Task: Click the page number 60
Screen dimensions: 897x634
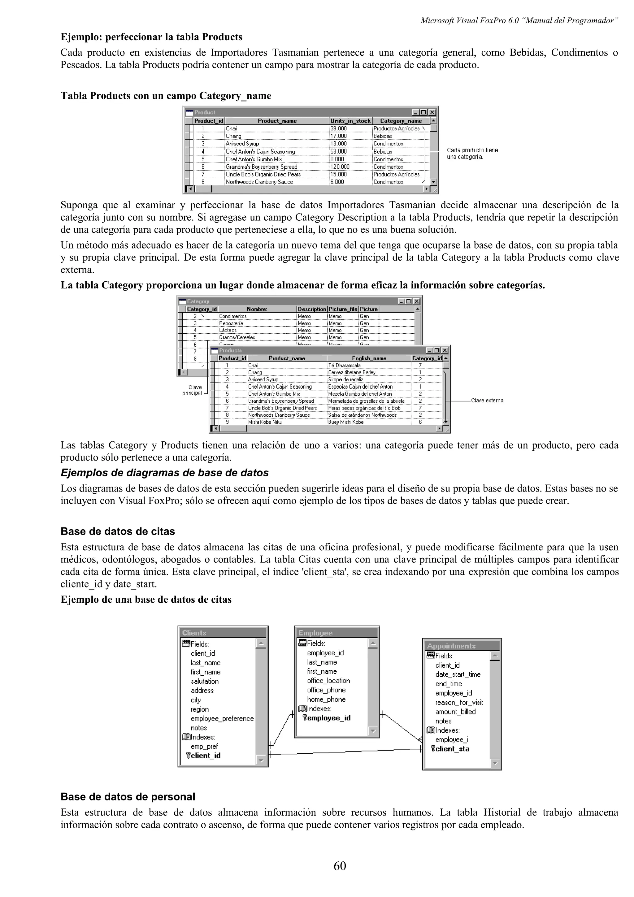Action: coord(340,866)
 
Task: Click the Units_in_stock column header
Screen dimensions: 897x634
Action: coord(350,121)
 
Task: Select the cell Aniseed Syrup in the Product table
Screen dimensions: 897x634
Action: coord(242,144)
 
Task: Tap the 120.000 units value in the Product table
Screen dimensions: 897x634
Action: coord(340,167)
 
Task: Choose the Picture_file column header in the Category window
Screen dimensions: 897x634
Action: coord(343,309)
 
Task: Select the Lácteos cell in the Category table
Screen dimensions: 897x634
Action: coord(228,330)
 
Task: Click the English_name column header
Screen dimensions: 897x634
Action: coord(369,358)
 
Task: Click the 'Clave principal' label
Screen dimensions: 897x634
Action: coord(193,390)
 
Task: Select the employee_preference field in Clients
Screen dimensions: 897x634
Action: coord(222,718)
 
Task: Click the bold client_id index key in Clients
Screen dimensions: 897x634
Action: coord(206,756)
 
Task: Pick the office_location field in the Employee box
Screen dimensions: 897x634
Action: coord(328,681)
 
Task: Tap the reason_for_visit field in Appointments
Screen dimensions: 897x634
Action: coord(459,702)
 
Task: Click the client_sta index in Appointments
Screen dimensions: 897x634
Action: coord(452,748)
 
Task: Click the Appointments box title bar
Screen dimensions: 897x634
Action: coord(461,646)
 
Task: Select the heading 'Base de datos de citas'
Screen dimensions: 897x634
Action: coord(118,531)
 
